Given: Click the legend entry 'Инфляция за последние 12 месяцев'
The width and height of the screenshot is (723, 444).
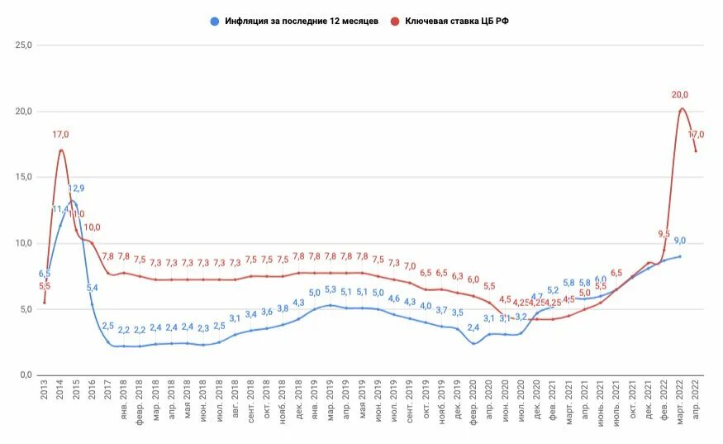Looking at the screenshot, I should [302, 21].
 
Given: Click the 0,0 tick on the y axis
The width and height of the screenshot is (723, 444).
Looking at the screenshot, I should [25, 375].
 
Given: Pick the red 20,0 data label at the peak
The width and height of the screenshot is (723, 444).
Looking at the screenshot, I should [679, 95].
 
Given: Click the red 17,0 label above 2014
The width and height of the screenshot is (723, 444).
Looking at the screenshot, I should [60, 134].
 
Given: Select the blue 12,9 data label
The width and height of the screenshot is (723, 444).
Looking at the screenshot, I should [76, 189].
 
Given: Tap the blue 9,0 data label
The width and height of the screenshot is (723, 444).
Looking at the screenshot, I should [679, 241].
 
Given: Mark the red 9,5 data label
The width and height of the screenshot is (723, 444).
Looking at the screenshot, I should [664, 234].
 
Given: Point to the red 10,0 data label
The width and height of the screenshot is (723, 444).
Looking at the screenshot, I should [92, 227].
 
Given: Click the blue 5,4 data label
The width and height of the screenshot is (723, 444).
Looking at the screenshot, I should [92, 288].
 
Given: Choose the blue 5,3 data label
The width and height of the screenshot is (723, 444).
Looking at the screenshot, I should [330, 289].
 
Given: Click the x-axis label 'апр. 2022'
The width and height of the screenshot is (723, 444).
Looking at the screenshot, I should [696, 401].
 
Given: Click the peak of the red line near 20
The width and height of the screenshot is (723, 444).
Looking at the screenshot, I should [681, 108].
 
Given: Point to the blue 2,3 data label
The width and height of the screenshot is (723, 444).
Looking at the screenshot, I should [203, 328].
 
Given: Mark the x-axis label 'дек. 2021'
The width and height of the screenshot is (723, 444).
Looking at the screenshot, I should [649, 401].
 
